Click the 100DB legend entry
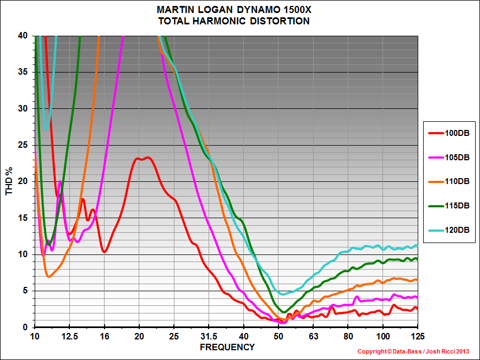[450, 133]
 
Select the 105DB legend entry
[450, 157]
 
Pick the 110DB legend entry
[450, 181]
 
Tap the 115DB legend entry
[450, 206]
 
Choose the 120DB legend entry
[450, 230]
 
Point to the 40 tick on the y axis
[23, 36]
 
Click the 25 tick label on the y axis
[23, 145]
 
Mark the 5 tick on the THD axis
[25, 291]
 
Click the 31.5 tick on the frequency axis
[209, 335]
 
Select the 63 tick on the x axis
[313, 335]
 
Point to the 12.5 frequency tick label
[69, 335]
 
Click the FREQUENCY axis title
[227, 346]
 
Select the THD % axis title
[9, 181]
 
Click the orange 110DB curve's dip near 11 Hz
[49, 277]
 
